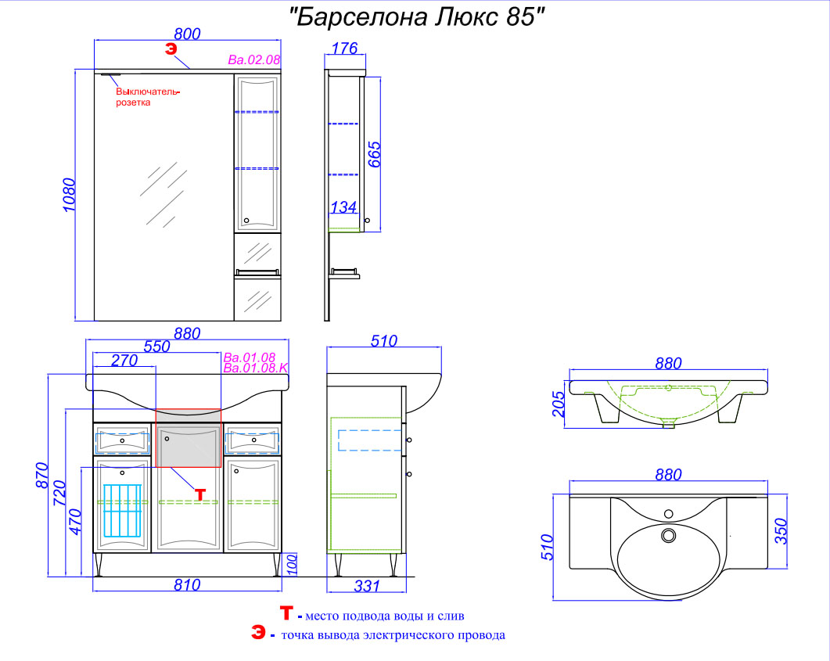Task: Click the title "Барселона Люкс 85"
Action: (x=417, y=17)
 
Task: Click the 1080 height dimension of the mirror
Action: (x=70, y=195)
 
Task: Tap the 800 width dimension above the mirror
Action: (x=188, y=34)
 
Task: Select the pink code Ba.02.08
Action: (x=254, y=59)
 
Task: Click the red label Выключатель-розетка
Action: (x=148, y=97)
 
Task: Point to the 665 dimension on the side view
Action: (x=374, y=155)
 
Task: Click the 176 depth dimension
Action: (x=345, y=48)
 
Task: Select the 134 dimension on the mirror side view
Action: (x=343, y=207)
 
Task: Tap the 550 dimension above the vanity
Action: (x=157, y=346)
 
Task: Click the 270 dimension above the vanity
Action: (x=124, y=360)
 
